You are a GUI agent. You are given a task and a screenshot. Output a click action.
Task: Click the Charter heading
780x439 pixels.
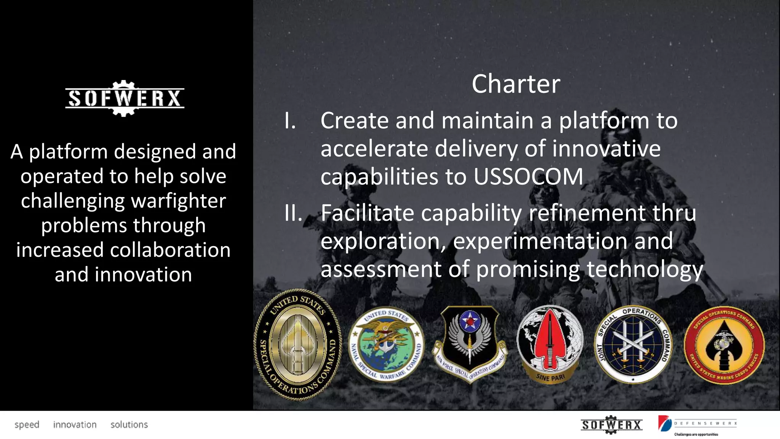(x=516, y=84)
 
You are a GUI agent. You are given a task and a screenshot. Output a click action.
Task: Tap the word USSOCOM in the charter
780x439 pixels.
(x=528, y=176)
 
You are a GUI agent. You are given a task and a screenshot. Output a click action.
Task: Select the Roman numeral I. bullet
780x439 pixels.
(x=290, y=121)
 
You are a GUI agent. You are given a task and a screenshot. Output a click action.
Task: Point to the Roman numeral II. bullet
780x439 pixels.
(x=293, y=213)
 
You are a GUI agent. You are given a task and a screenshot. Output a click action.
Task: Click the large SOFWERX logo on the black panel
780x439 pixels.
(x=125, y=98)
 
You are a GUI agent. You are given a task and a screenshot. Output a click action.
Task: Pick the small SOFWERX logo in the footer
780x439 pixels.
(x=611, y=425)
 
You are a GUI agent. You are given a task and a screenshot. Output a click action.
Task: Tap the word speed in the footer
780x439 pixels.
(x=27, y=425)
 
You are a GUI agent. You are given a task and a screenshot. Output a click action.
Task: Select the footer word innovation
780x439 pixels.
(x=75, y=425)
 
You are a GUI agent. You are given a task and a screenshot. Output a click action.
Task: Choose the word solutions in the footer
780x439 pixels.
(x=129, y=425)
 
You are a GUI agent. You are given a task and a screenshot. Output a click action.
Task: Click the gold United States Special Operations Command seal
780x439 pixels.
(x=298, y=345)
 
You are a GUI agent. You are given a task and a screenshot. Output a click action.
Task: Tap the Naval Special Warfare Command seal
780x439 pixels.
(x=386, y=344)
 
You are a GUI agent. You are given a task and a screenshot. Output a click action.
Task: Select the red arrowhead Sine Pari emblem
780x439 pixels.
(x=550, y=344)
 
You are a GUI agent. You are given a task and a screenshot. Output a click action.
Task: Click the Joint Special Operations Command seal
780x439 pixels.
(x=633, y=344)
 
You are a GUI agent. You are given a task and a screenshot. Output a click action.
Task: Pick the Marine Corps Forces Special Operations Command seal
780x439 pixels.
(x=724, y=345)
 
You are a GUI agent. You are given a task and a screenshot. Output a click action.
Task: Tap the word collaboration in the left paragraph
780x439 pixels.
(x=170, y=250)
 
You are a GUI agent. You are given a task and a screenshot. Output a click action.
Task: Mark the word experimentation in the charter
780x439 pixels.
(x=540, y=241)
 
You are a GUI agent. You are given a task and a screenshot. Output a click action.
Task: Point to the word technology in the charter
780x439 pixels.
(x=644, y=269)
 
